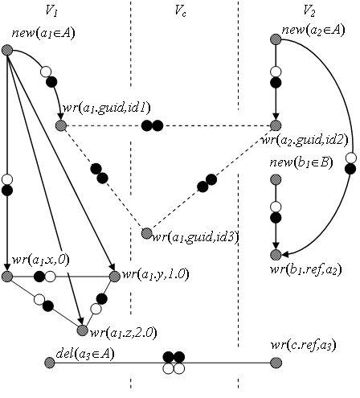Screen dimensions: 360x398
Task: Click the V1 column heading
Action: pos(51,11)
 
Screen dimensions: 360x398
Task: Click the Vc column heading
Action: pos(180,11)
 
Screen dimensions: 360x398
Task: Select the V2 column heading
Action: pos(309,11)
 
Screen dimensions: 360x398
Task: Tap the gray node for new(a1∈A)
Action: pos(7,50)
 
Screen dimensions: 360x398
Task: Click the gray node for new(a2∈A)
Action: pos(276,39)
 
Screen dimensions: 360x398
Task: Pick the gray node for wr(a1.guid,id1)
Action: pos(61,125)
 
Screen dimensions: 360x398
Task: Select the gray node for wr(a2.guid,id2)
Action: pos(276,125)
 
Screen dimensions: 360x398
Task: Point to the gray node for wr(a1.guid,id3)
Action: pos(147,233)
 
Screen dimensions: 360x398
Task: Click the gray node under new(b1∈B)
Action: pos(276,179)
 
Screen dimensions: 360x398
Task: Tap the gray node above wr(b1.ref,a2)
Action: pos(276,255)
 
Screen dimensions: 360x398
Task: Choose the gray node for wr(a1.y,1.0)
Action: pos(115,276)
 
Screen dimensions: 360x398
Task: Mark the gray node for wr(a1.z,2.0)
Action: pos(83,330)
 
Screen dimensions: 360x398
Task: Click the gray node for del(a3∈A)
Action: pos(50,363)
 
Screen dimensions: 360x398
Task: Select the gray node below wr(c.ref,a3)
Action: pos(276,363)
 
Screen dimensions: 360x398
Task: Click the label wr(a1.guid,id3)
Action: pos(195,237)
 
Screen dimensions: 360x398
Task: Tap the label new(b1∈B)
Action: pos(301,163)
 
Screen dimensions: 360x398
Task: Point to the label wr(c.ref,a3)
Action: pos(303,346)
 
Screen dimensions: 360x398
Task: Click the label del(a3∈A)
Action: pos(85,354)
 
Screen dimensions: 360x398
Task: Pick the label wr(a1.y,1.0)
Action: pos(156,274)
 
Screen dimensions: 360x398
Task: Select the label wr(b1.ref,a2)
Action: pos(306,269)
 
